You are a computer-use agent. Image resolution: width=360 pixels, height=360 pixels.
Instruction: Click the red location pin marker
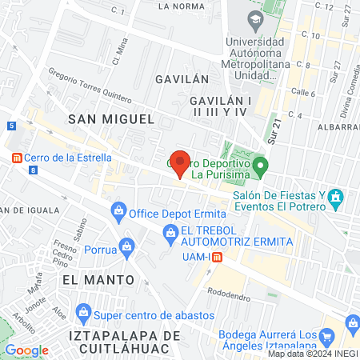(x=180, y=162)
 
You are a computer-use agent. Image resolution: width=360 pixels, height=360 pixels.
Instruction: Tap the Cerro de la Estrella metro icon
(x=16, y=158)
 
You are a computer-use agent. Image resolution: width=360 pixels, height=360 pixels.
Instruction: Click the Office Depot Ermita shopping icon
(x=118, y=212)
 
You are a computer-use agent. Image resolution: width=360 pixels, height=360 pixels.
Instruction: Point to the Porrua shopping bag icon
(x=126, y=245)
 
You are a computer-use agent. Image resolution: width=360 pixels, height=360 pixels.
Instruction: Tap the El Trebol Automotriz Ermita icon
(x=170, y=233)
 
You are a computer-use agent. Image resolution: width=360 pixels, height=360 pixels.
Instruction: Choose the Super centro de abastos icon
(x=82, y=310)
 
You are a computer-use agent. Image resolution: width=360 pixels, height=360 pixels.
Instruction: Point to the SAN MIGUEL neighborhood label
(x=110, y=118)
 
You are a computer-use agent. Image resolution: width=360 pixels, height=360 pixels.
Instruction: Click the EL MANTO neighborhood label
(x=90, y=280)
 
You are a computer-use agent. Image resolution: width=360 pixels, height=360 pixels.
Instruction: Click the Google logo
(x=26, y=350)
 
